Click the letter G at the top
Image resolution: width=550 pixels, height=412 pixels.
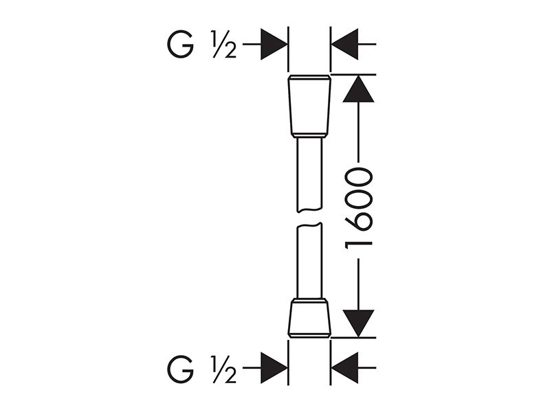coord(180,45)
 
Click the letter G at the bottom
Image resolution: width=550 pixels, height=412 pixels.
coord(180,369)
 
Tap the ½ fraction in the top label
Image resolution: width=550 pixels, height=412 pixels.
coord(223,45)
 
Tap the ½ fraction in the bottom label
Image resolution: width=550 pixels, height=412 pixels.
coord(223,369)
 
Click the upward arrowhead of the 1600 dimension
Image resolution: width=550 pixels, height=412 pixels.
coord(358,89)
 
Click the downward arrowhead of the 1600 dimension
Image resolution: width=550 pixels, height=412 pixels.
coord(358,323)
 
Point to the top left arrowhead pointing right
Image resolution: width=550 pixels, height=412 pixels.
coord(274,45)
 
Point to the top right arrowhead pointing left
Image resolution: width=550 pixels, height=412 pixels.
coord(345,45)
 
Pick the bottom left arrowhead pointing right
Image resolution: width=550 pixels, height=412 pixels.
coord(274,368)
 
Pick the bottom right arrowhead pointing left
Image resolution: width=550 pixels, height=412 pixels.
coord(345,368)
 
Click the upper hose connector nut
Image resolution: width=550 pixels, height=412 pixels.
coord(309,106)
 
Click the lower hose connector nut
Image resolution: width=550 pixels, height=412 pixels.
coord(309,318)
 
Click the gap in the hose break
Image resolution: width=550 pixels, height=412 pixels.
coord(309,218)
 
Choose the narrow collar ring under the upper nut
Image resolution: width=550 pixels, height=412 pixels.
coord(309,135)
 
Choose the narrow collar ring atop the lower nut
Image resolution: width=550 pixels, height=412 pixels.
coord(309,301)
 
